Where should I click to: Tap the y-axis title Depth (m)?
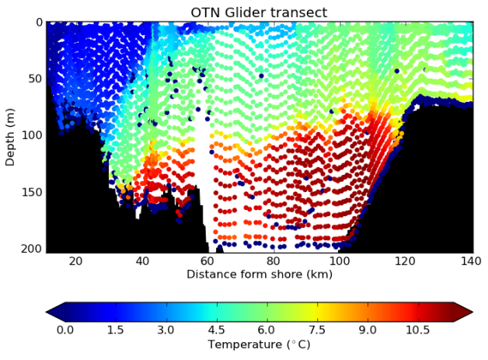click(x=10, y=137)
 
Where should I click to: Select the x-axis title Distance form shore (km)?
click(x=259, y=274)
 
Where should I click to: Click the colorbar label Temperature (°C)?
click(x=259, y=344)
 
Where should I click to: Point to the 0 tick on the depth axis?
click(x=37, y=23)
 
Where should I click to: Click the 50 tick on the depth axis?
click(x=34, y=79)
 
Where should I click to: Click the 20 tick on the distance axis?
click(x=75, y=261)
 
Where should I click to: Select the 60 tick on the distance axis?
click(x=207, y=261)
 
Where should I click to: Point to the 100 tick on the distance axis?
click(x=340, y=261)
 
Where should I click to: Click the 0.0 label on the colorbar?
click(x=65, y=329)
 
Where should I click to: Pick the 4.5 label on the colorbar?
click(x=217, y=329)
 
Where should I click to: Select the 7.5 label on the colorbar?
click(x=317, y=329)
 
